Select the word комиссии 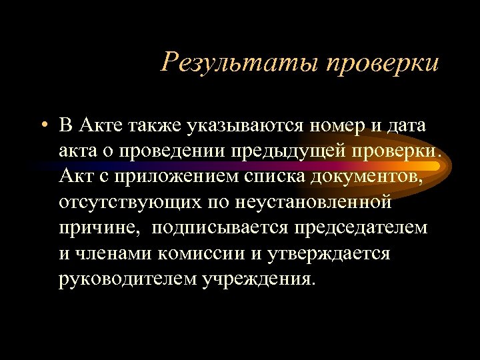click(205, 253)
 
